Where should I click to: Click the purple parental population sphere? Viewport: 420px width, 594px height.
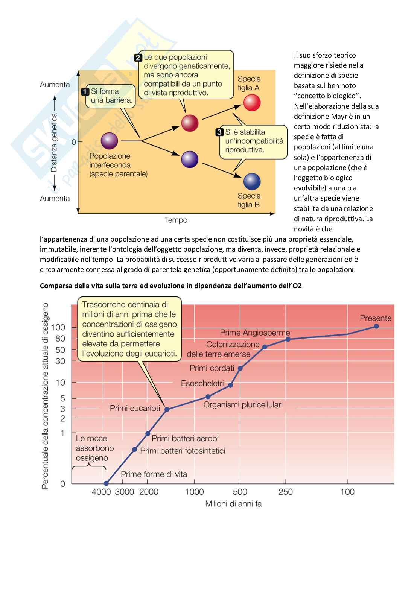coord(110,141)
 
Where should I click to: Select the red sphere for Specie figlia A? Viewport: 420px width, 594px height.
coord(252,103)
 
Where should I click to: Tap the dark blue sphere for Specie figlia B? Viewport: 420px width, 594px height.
coord(252,182)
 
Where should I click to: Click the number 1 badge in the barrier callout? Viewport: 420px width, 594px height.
coord(85,91)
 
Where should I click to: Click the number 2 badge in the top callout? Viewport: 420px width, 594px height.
coord(138,58)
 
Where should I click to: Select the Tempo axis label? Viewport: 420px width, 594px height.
coord(176,220)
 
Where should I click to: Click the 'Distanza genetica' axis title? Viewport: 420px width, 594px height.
coord(54,143)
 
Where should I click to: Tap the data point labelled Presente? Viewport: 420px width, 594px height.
coord(376,326)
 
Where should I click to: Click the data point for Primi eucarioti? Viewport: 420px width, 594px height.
coord(167,409)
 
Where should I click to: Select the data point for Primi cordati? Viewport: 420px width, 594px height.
coord(240,368)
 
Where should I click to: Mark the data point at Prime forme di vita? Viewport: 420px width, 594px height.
coord(106,483)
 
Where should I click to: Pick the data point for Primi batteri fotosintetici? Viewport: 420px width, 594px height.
coord(135,449)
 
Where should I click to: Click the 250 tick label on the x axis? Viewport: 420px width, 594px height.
coord(286,492)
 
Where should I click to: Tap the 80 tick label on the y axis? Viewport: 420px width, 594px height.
coord(61,339)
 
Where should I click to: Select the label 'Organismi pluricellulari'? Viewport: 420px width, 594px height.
coord(243,405)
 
